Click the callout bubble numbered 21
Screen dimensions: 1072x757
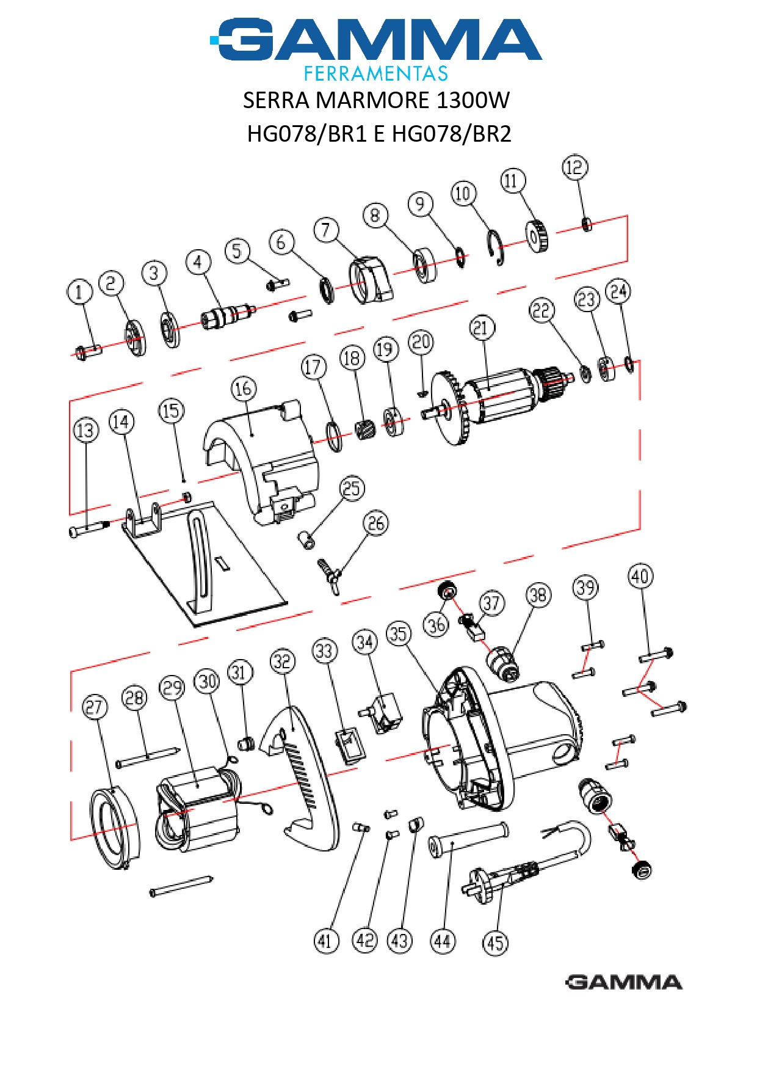tap(482, 328)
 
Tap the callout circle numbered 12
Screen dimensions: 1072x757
tap(574, 167)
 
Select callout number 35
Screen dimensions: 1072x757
tap(399, 634)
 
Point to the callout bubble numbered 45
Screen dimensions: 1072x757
tap(495, 943)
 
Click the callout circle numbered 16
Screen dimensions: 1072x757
tap(243, 388)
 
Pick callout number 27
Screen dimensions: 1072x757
tap(95, 707)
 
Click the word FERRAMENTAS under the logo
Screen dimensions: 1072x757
tap(376, 74)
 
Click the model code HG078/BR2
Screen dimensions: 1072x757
tap(451, 133)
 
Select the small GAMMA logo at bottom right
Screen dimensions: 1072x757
tap(623, 982)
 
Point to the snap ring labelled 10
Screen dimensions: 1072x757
tap(498, 247)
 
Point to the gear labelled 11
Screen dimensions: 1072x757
tap(537, 236)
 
